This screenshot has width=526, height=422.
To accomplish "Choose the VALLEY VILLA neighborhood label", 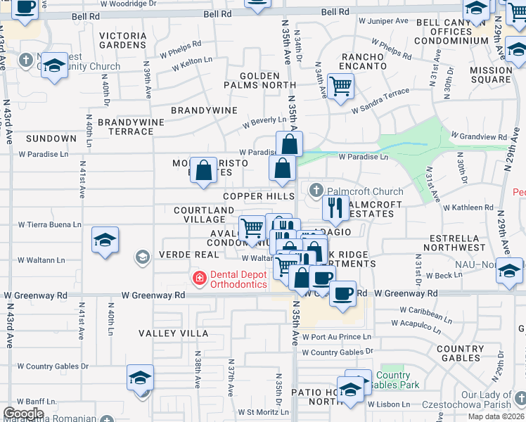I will [x=173, y=333].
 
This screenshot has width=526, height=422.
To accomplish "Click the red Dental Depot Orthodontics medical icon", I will [x=200, y=279].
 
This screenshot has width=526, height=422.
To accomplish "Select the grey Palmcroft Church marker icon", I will [x=316, y=191].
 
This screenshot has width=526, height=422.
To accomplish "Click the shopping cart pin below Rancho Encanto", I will [x=340, y=86].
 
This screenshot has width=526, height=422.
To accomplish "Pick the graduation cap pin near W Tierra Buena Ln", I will [x=105, y=240].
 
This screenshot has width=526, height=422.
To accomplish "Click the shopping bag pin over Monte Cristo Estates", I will [x=203, y=170].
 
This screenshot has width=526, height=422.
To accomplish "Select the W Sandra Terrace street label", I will [x=380, y=95].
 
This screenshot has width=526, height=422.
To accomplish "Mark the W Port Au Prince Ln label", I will [x=336, y=337].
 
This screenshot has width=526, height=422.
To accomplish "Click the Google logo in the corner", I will [x=23, y=414].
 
